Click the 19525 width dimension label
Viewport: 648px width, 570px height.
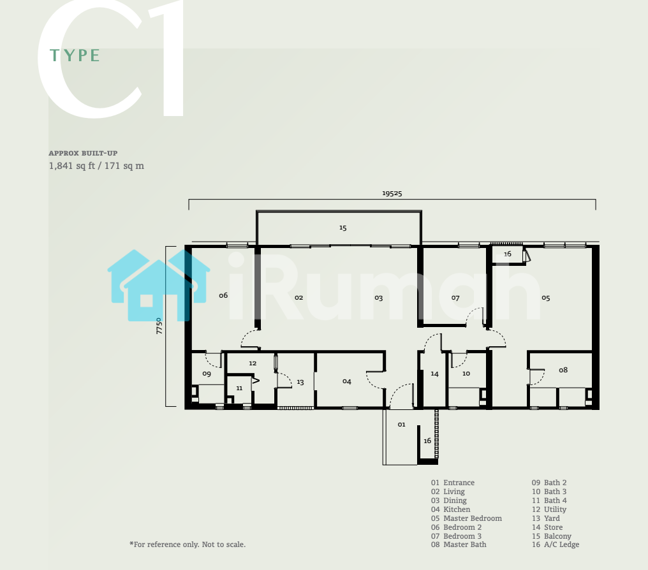point(392,193)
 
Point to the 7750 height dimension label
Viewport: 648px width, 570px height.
point(159,326)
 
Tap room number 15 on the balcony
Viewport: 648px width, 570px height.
point(342,228)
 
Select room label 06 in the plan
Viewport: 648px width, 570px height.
point(223,295)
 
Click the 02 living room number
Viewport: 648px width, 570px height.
point(298,297)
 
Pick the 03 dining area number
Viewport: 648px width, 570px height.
point(379,298)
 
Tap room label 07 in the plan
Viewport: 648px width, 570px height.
point(455,298)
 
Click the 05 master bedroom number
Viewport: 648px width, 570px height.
point(546,298)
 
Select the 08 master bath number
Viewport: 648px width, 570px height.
point(563,370)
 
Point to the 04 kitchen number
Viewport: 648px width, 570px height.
point(347,381)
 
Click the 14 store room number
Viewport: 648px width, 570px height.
point(434,374)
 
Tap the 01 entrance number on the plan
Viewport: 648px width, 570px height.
point(401,424)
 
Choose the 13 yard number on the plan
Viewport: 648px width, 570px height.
point(300,382)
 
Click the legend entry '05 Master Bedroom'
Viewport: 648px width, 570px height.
point(467,518)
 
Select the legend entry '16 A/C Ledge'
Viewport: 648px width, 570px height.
point(556,544)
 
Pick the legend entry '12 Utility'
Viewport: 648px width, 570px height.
point(549,509)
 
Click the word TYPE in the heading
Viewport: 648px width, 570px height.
point(75,55)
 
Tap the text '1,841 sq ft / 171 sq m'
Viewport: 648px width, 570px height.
point(96,166)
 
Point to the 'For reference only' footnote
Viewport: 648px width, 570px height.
point(188,544)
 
